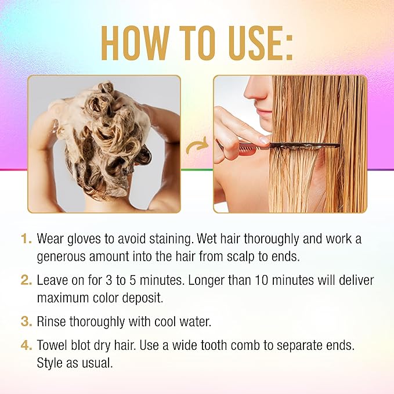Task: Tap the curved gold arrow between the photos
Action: coord(197,146)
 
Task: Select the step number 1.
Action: coord(26,238)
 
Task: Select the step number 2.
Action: coord(26,280)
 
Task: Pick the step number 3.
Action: coord(26,321)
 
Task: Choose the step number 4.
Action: coord(26,345)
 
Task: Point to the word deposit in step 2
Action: coord(143,298)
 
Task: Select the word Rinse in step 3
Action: coord(52,321)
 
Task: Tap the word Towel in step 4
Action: coord(52,345)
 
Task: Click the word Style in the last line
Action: coord(49,363)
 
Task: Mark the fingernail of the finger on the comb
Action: coord(264,140)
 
